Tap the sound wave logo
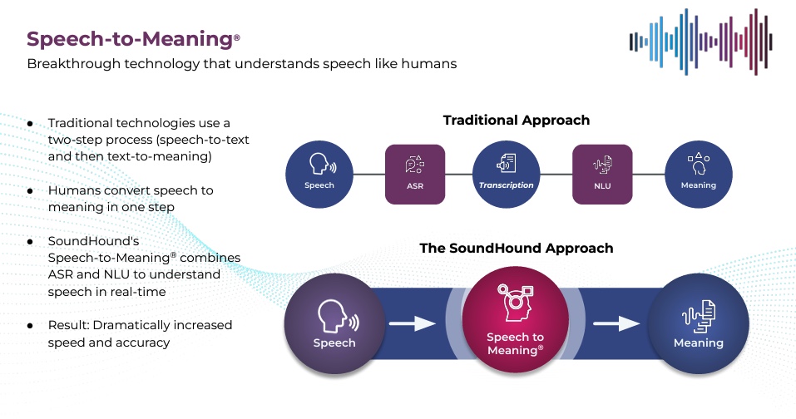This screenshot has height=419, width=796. pyautogui.click(x=700, y=42)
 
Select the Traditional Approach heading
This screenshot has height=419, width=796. pyautogui.click(x=516, y=121)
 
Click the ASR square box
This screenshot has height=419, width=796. pyautogui.click(x=414, y=174)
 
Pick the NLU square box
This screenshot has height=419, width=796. pyautogui.click(x=602, y=174)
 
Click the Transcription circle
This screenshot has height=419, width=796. pyautogui.click(x=507, y=174)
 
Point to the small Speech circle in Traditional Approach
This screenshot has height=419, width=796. pyautogui.click(x=319, y=174)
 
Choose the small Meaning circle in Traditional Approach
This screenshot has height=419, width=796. pyautogui.click(x=698, y=174)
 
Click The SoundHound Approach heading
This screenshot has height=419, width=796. pyautogui.click(x=516, y=248)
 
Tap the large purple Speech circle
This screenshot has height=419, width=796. pyautogui.click(x=334, y=323)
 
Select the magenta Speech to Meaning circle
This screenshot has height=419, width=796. pyautogui.click(x=515, y=323)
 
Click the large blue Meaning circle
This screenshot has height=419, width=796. pyautogui.click(x=698, y=323)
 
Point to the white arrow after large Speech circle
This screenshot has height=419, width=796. pyautogui.click(x=413, y=323)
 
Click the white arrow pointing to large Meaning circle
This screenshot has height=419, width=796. pyautogui.click(x=616, y=323)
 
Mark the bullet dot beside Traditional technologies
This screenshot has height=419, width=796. pyautogui.click(x=30, y=123)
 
